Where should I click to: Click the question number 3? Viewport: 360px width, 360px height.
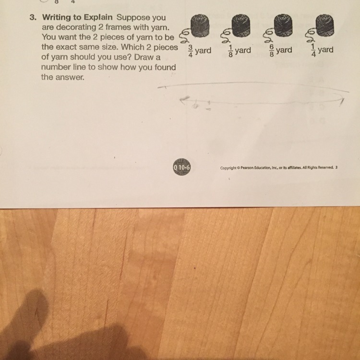coord(33,17)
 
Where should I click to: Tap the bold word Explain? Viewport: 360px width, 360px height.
coord(98,17)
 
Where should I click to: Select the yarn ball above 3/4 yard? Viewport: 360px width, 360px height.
coord(200,26)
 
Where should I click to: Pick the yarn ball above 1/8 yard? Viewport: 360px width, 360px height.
coord(241,25)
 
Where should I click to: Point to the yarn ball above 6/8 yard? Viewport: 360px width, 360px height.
coord(283,25)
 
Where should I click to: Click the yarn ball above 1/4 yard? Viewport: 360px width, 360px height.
coord(324,25)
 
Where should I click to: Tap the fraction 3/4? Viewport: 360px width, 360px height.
coord(191,51)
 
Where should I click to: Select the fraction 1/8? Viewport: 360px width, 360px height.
coord(230,51)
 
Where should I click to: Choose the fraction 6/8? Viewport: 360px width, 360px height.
coord(272,50)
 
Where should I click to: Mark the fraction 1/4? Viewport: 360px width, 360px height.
coord(313,50)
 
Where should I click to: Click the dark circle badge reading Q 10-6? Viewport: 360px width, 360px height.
coord(182,167)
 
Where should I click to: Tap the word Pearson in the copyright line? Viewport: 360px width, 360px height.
coord(247,168)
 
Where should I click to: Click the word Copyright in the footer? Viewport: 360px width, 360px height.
coord(228,168)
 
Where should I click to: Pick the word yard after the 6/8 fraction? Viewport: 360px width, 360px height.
coord(284,50)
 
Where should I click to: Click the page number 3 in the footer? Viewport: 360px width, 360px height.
coord(336,167)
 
